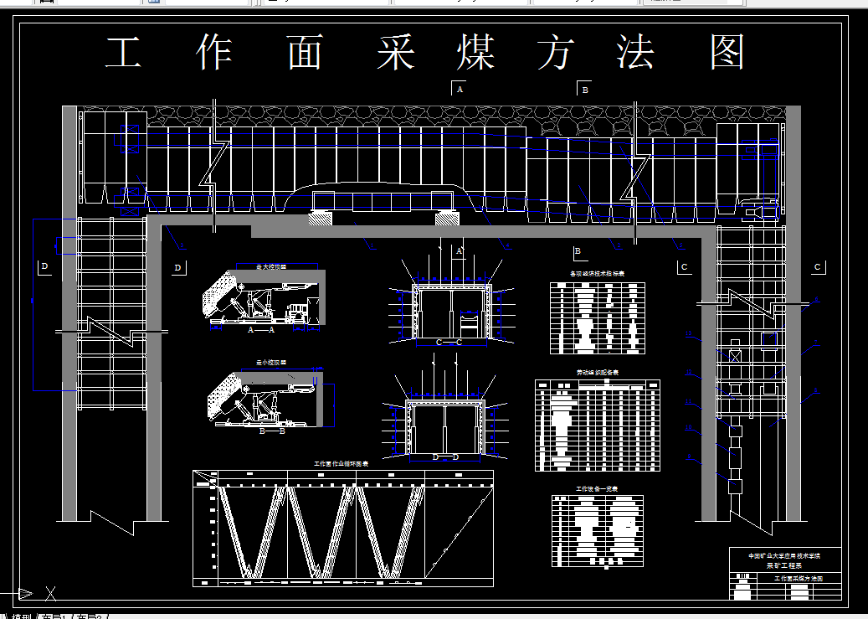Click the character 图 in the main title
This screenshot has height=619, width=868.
[x=727, y=53]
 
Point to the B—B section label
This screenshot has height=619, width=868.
[x=273, y=431]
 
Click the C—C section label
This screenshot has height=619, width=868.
[x=449, y=343]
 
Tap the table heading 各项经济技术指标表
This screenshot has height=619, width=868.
[x=597, y=274]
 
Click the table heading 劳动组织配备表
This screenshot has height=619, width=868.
[x=597, y=372]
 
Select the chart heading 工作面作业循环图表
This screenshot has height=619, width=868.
[x=342, y=463]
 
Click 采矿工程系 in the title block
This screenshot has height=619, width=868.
[x=783, y=565]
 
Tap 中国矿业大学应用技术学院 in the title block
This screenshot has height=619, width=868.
[x=783, y=555]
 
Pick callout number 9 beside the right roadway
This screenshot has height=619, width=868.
[x=689, y=457]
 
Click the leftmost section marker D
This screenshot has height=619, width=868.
[x=45, y=267]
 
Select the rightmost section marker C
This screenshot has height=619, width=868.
[x=818, y=267]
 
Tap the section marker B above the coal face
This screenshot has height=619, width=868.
[x=585, y=89]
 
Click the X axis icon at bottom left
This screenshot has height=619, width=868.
[x=50, y=594]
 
